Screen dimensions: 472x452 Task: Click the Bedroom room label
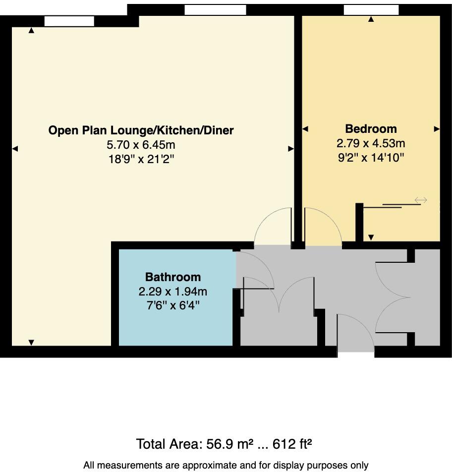click(371, 129)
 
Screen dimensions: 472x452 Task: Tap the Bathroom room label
click(173, 277)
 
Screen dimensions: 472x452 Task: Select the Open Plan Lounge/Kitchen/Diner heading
click(141, 130)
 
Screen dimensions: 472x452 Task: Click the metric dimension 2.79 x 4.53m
click(371, 144)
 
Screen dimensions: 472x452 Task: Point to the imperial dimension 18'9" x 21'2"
click(141, 160)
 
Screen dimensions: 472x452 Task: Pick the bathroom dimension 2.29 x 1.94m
click(173, 291)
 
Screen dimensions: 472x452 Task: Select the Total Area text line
click(224, 443)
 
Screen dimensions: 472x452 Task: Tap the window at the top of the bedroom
click(371, 9)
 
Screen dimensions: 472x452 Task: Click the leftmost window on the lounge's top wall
click(69, 21)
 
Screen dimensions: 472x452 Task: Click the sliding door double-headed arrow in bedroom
click(421, 200)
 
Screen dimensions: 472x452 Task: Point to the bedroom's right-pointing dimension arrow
click(437, 129)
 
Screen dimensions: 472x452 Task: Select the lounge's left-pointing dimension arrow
click(15, 149)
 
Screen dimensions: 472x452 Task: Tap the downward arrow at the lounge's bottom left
click(31, 342)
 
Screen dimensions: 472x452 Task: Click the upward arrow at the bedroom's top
click(371, 19)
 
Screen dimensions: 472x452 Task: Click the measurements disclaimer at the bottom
click(226, 465)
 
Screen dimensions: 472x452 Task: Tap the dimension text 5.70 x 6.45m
click(141, 145)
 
